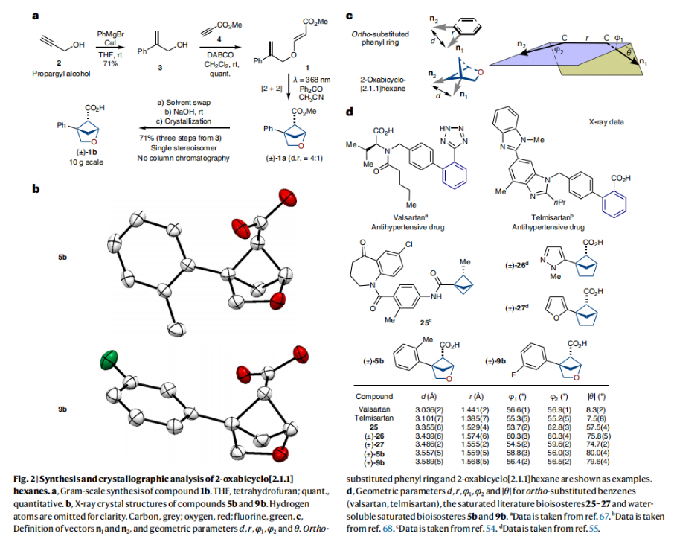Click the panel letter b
coord(35,189)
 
